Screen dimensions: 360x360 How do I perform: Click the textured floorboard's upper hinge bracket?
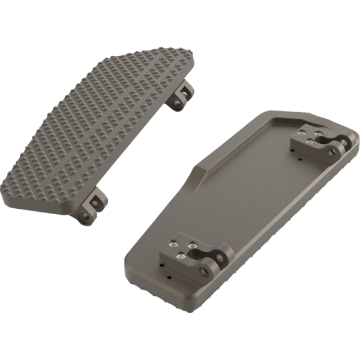click(184, 96)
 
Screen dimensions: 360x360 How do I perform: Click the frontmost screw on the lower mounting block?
click(183, 257)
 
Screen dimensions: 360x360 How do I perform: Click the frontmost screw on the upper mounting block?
click(309, 141)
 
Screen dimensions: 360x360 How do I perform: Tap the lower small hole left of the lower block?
click(170, 278)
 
